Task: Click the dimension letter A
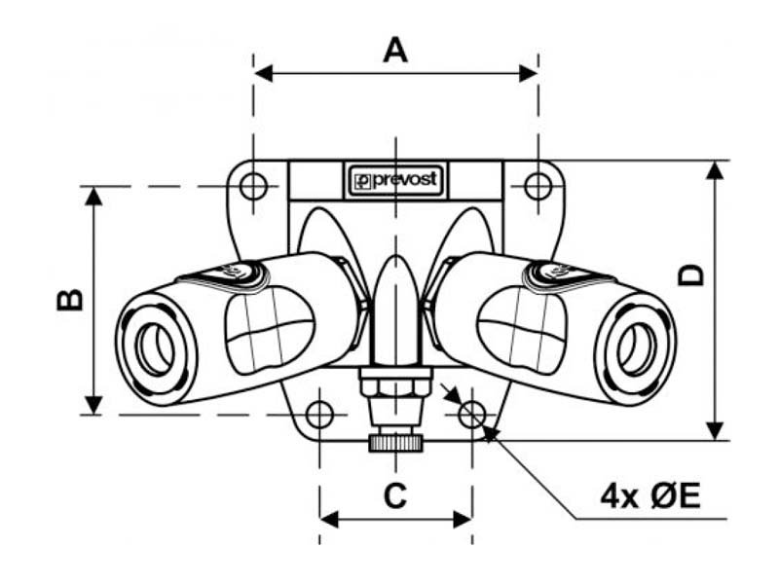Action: coord(395,50)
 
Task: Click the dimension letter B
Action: coord(70,300)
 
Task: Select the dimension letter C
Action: coord(395,495)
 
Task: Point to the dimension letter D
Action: coord(691,275)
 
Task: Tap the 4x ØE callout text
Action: coord(650,496)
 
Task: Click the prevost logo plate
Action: coord(395,180)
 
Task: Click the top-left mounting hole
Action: coord(253,186)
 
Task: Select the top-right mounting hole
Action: coord(538,186)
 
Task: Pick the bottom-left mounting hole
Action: coord(319,415)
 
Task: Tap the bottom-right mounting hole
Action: coord(472,415)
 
